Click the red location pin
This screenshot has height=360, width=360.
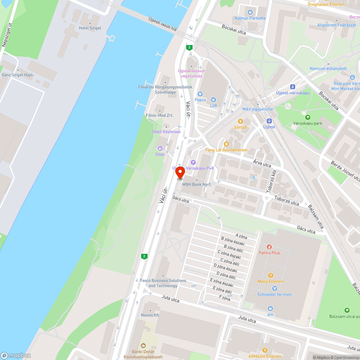tap(180, 173)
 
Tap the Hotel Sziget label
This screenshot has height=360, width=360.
tap(90, 28)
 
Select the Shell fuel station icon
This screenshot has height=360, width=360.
tap(160, 148)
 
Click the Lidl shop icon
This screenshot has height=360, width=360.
tap(214, 99)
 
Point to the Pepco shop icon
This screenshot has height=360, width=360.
tap(200, 94)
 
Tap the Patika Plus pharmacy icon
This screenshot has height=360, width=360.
tap(269, 247)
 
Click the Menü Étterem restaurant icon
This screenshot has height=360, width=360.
tap(270, 275)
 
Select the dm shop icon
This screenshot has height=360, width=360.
tap(270, 309)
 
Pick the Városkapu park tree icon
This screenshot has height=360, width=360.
tap(307, 117)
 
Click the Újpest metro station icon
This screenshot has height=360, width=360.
tap(269, 121)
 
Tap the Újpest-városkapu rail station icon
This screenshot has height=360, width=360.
tap(293, 87)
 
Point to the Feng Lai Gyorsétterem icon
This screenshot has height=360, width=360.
tap(226, 144)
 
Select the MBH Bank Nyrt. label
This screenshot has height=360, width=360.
tap(197, 184)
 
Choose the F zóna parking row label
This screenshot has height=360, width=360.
tap(224, 298)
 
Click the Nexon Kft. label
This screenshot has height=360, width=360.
tap(150, 315)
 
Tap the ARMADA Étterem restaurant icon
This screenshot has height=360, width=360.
tap(265, 350)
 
